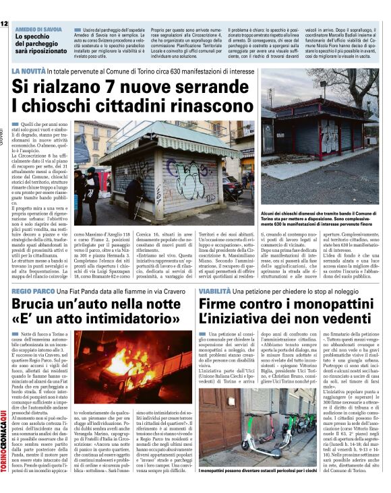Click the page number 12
(x=4, y=24)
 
